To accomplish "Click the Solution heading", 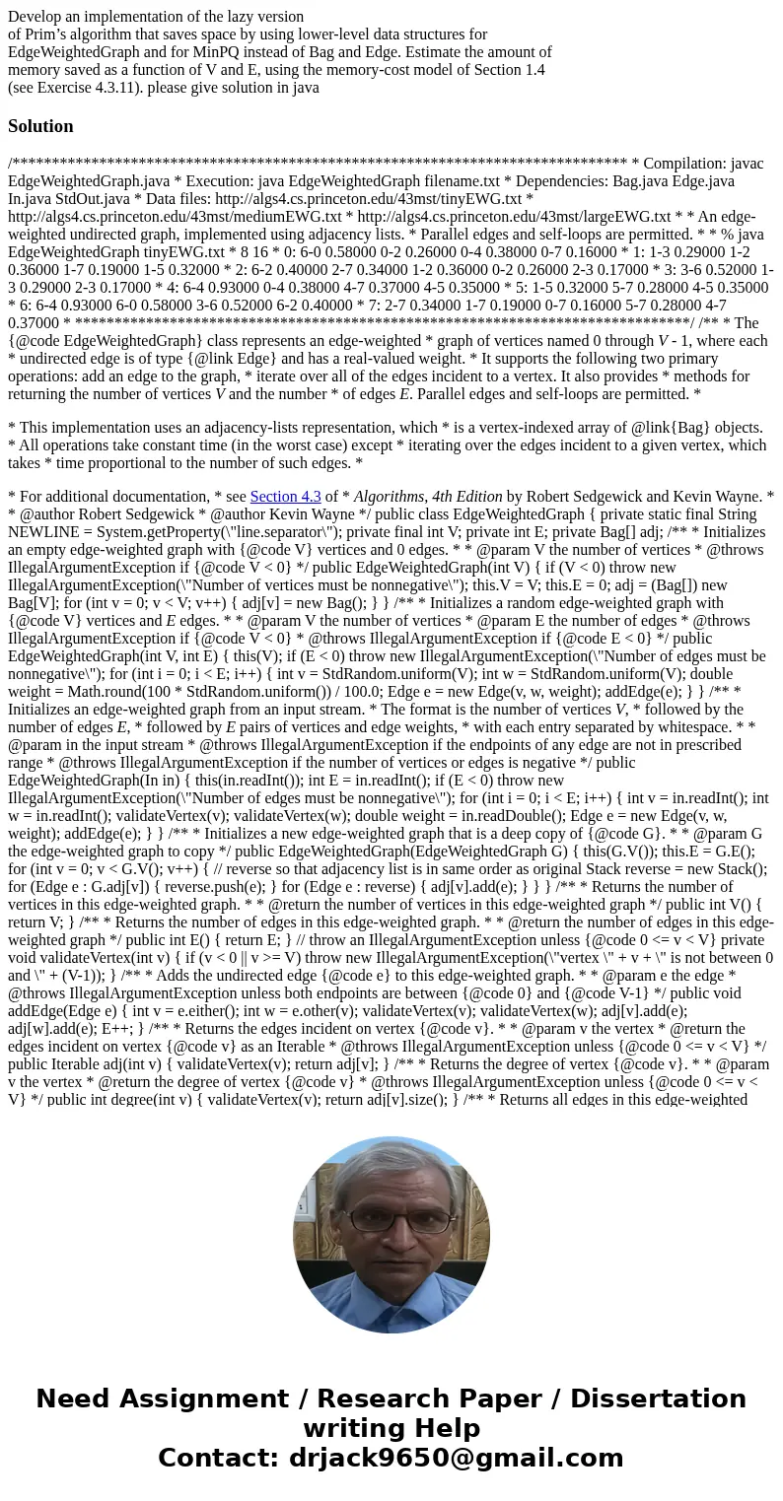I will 40,126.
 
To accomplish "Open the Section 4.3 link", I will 285,497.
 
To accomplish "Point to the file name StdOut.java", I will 92,199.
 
